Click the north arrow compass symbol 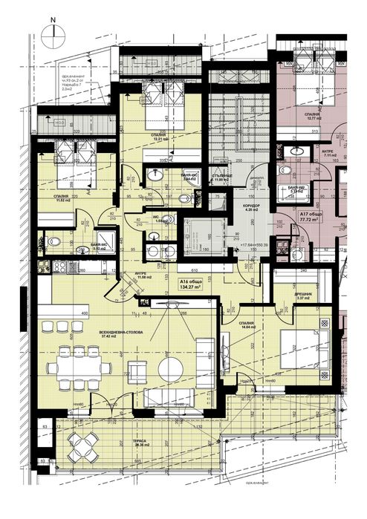point(52,31)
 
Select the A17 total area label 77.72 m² point(309,217)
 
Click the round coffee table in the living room point(172,369)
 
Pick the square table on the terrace point(79,446)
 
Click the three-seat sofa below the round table point(172,398)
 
